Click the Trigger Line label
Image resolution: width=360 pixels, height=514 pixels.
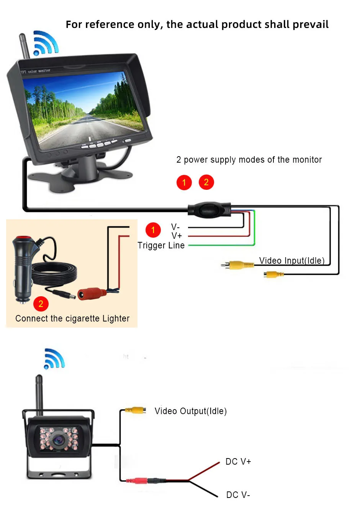click(161, 246)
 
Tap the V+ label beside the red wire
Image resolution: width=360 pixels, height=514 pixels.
click(177, 236)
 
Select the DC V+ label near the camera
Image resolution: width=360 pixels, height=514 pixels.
click(238, 462)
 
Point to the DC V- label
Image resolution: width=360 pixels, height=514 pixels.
click(238, 495)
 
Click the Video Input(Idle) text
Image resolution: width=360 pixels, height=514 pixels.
click(292, 261)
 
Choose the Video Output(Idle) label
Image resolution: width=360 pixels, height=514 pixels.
click(191, 411)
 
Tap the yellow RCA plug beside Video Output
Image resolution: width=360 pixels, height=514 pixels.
click(136, 410)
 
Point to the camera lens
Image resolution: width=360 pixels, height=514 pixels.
click(58, 440)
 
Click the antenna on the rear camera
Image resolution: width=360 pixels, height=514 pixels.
click(39, 395)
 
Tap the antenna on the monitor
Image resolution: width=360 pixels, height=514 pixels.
click(24, 46)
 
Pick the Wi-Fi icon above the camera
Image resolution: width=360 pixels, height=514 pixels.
click(54, 359)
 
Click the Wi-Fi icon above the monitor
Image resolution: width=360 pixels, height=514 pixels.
click(46, 43)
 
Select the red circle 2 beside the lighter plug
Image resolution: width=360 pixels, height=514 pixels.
click(41, 304)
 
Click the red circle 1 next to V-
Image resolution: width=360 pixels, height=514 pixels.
click(153, 230)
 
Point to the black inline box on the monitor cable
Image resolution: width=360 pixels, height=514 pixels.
click(209, 210)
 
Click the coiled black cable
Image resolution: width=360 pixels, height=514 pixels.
click(54, 274)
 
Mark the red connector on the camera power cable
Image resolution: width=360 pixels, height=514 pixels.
click(136, 480)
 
